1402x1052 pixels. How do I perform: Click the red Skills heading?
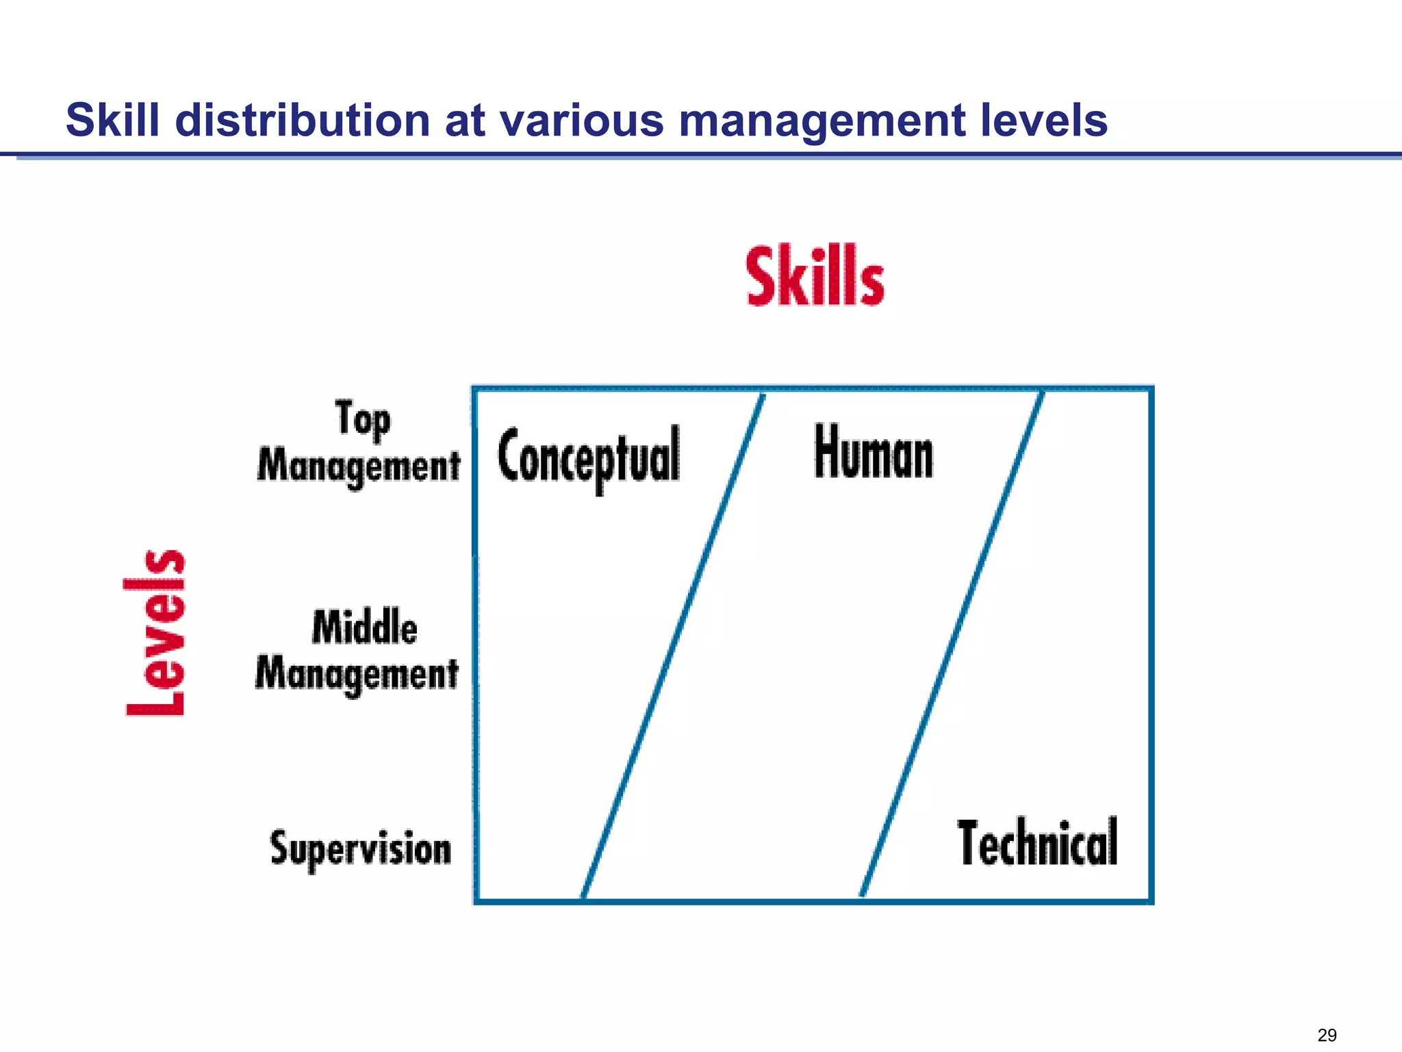815,277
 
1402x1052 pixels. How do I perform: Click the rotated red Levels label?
155,633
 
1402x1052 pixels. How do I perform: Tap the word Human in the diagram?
874,452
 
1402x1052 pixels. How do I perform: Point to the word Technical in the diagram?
1038,842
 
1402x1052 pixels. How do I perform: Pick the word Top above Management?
363,419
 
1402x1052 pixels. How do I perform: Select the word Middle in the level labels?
365,627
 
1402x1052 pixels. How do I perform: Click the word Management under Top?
359,467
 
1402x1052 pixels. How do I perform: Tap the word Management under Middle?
357,674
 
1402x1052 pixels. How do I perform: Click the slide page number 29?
1327,1035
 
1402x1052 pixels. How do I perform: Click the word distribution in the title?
302,121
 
